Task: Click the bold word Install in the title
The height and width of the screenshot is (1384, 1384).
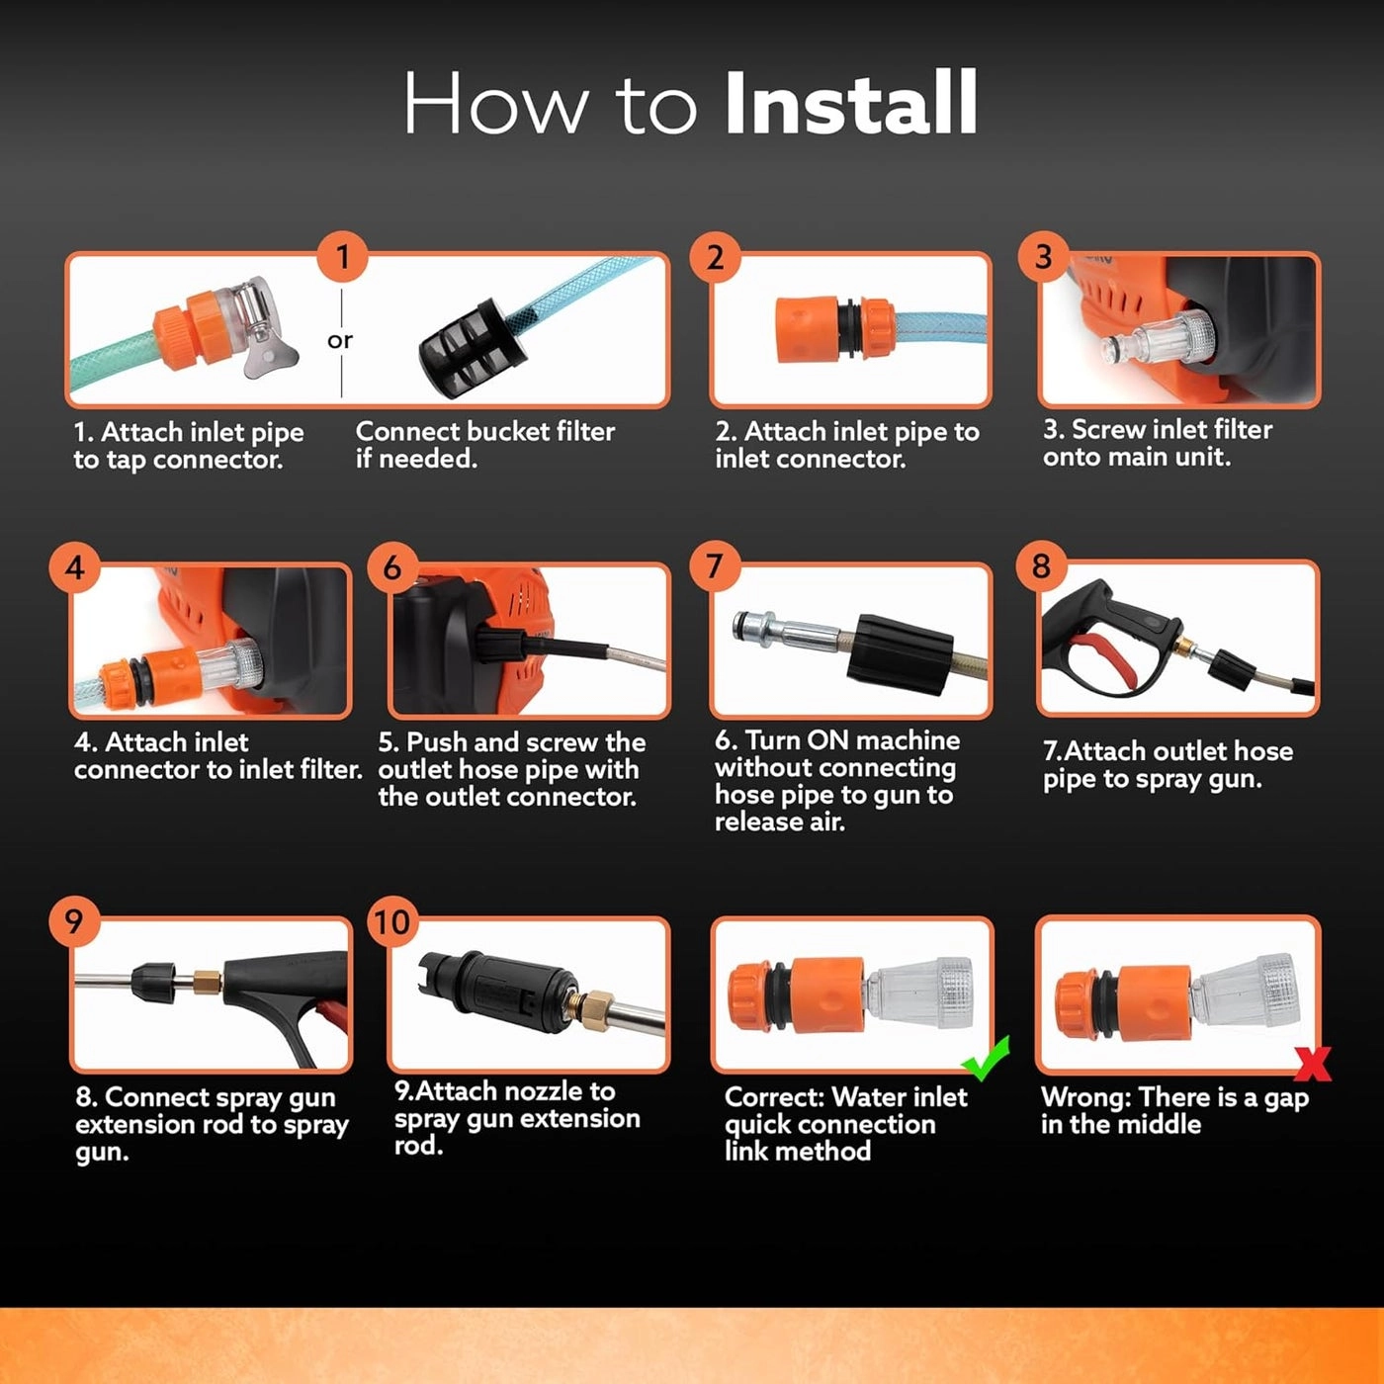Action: tap(851, 102)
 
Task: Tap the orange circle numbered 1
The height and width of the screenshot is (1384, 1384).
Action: tap(343, 256)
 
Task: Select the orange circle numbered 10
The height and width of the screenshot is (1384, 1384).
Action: tap(392, 921)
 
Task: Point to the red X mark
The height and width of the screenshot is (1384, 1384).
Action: tap(1313, 1064)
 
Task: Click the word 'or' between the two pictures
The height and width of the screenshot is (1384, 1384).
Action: tap(340, 340)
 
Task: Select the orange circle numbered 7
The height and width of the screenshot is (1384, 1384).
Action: tap(715, 565)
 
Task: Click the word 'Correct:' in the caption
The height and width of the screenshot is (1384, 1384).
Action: tap(774, 1097)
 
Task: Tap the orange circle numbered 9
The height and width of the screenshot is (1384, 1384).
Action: tap(74, 921)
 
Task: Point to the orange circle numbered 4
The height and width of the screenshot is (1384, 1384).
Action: tap(75, 567)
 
